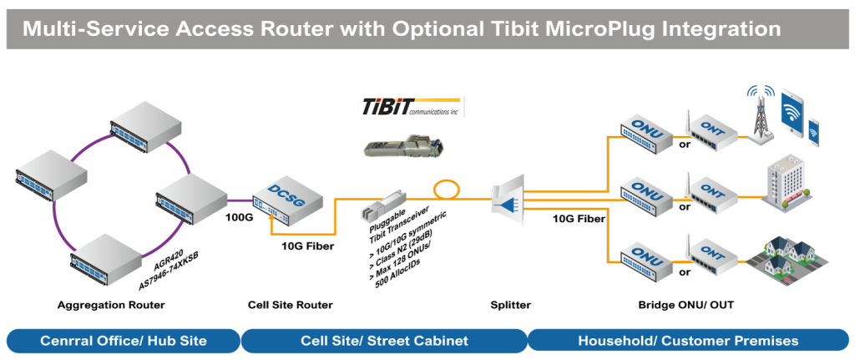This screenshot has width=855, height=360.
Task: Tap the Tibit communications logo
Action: [410, 107]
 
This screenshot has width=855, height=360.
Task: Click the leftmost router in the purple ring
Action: [53, 177]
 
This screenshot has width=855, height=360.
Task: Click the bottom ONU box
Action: [648, 254]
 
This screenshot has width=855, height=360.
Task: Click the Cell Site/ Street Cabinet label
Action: [384, 341]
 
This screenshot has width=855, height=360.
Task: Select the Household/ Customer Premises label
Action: [688, 341]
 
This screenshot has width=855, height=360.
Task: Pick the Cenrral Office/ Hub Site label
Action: [123, 341]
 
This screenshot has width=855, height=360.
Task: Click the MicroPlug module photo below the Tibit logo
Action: [403, 143]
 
